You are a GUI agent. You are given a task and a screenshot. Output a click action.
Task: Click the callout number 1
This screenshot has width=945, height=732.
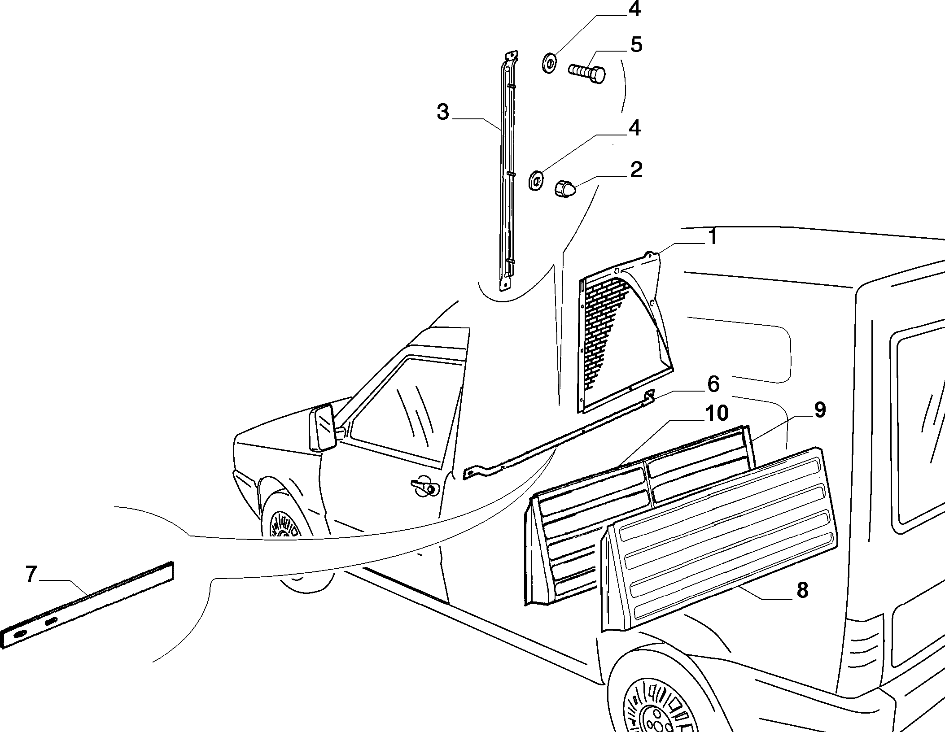point(713,236)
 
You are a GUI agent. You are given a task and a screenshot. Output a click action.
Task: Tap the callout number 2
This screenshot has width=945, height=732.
point(636,170)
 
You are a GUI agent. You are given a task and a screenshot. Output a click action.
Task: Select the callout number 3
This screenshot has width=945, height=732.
point(442,112)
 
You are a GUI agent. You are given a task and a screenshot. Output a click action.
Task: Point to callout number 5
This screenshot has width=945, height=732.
point(636,45)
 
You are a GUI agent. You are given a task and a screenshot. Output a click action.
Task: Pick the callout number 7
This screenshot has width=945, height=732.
point(31,574)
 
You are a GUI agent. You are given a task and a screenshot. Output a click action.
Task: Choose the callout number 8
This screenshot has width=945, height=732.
point(802,591)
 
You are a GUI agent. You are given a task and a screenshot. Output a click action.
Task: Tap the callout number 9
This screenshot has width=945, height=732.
point(819,410)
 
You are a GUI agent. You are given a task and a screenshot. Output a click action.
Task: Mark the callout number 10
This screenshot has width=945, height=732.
point(716,413)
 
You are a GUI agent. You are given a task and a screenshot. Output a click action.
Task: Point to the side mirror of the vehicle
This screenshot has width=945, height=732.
point(322,427)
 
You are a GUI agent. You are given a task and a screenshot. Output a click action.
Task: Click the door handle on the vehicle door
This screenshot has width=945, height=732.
point(424,487)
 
